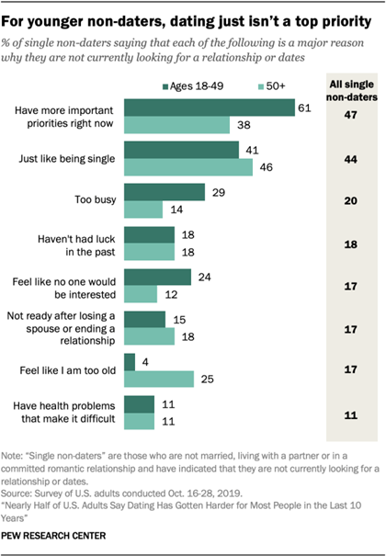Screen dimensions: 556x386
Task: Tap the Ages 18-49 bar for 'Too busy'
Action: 164,191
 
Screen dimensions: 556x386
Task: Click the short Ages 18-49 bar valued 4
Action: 129,361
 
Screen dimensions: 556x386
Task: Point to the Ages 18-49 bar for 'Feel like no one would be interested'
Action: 156,277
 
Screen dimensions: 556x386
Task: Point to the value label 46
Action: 263,167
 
